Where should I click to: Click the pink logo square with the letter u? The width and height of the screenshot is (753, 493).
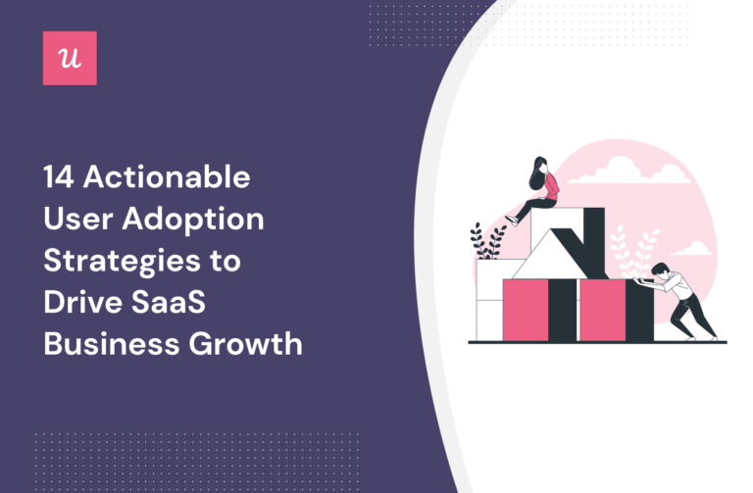[70, 58]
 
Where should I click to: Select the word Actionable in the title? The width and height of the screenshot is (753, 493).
[167, 179]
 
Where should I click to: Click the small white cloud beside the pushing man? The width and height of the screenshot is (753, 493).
[692, 249]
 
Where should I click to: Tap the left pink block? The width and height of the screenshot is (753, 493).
[526, 309]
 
